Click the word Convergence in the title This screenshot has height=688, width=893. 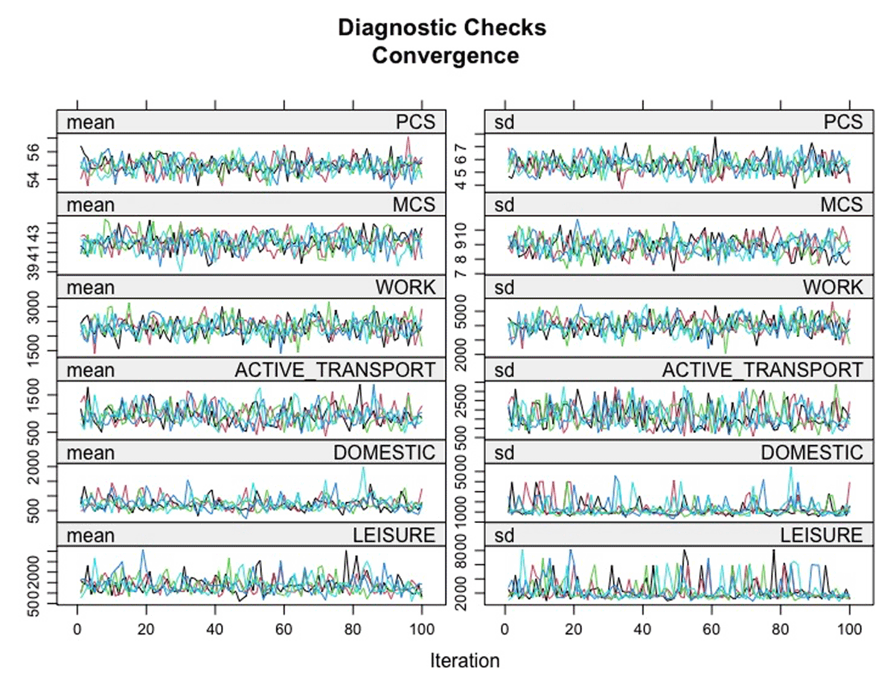446,56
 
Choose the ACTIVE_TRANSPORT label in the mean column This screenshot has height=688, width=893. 335,370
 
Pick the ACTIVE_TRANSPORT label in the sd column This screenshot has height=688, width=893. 763,370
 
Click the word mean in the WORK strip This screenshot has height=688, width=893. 90,286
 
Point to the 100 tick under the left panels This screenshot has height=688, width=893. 422,628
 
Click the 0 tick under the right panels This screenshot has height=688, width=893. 505,628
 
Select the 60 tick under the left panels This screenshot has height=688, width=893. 284,628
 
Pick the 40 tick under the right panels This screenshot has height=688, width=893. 643,628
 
